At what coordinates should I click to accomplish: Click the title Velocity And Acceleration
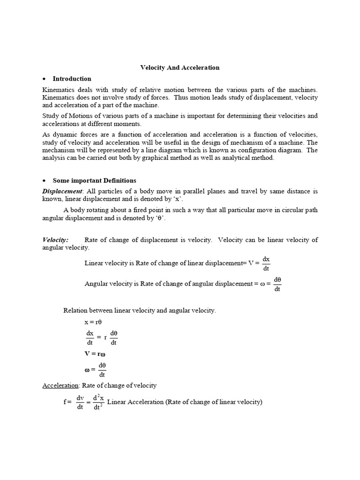(x=180, y=67)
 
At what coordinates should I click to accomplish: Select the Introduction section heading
(x=72, y=79)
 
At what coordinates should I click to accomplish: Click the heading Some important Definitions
(x=94, y=180)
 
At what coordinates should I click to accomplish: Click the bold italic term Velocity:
(x=55, y=240)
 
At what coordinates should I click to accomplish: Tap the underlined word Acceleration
(x=60, y=385)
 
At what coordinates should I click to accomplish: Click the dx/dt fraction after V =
(x=266, y=263)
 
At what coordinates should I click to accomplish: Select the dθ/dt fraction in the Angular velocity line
(x=277, y=284)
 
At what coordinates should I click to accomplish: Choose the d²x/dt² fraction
(x=98, y=402)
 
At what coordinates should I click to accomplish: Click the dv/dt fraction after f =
(x=80, y=402)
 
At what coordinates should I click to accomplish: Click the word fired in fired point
(x=133, y=210)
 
